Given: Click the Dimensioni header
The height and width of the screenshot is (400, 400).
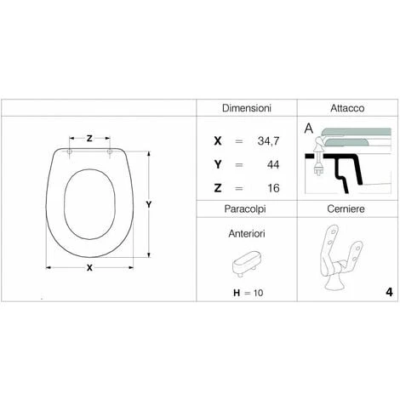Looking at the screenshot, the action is click(x=247, y=108).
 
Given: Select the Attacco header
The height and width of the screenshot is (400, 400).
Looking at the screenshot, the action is click(x=347, y=108).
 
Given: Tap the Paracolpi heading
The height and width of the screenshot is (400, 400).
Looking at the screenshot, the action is click(x=245, y=209).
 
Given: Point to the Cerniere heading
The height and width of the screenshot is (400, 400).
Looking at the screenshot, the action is click(x=346, y=209).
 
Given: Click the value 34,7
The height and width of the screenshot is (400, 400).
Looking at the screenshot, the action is click(x=268, y=141).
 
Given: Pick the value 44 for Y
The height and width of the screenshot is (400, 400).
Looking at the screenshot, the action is click(x=273, y=164).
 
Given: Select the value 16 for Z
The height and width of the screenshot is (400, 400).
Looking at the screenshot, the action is click(x=273, y=188).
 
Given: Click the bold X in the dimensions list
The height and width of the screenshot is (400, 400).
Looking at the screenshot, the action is click(x=218, y=140).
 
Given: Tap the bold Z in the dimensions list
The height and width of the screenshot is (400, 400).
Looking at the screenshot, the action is click(x=218, y=188).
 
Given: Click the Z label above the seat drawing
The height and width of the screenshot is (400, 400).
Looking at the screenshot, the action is click(x=89, y=139).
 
